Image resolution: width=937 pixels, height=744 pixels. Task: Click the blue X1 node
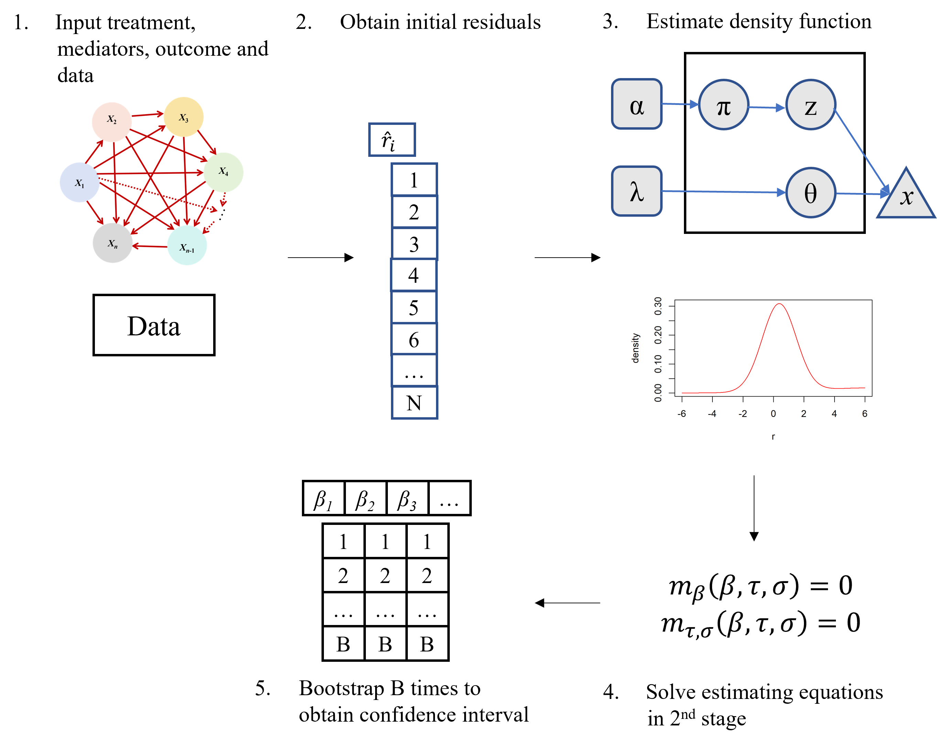(x=79, y=183)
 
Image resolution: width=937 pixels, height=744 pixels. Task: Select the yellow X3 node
(x=183, y=117)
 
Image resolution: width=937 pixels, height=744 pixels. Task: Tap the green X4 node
(x=224, y=172)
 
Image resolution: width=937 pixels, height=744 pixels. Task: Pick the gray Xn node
(x=112, y=243)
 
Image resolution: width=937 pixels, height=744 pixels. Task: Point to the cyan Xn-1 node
(x=187, y=246)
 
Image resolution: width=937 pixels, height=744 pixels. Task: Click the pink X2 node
(x=112, y=122)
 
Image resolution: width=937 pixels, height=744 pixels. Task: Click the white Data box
(x=154, y=325)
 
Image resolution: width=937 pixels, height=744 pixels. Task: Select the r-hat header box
(x=392, y=140)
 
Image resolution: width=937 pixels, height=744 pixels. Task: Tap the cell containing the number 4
(x=414, y=275)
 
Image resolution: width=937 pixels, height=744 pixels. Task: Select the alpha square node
(x=637, y=104)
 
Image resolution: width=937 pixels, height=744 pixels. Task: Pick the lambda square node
(x=637, y=191)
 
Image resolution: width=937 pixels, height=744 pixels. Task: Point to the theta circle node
(x=810, y=193)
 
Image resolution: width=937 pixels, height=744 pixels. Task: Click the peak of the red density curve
(x=780, y=304)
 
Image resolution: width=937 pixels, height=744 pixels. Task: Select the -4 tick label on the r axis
(x=712, y=414)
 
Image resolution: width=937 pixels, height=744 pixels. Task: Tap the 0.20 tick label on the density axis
(x=658, y=335)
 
